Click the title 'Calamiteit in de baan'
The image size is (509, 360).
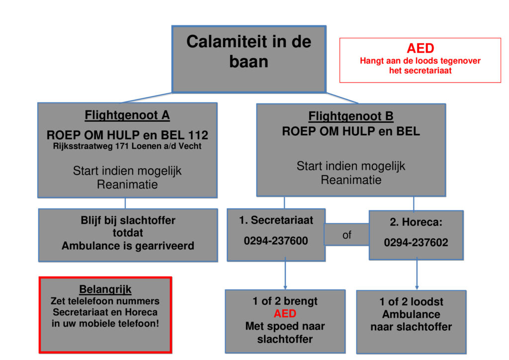click(x=249, y=51)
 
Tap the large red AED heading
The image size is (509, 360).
click(x=420, y=48)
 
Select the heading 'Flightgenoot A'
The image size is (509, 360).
click(x=127, y=115)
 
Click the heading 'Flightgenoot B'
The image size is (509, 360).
click(x=351, y=116)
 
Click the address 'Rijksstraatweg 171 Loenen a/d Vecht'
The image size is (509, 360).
click(x=127, y=146)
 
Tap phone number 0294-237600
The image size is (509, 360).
click(x=276, y=241)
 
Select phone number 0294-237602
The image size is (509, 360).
click(x=416, y=243)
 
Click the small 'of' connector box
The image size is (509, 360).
click(x=346, y=235)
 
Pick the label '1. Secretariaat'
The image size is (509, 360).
click(x=276, y=220)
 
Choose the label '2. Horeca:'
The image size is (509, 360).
click(x=416, y=222)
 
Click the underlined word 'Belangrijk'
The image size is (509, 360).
click(x=105, y=289)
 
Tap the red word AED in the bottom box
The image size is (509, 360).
click(x=285, y=314)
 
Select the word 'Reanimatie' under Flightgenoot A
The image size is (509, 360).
click(x=127, y=184)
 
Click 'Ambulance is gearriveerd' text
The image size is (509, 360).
click(x=128, y=246)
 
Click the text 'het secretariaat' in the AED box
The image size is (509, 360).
click(x=420, y=71)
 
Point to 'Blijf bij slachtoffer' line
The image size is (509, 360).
click(x=128, y=220)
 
